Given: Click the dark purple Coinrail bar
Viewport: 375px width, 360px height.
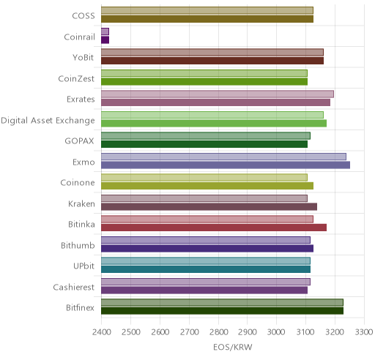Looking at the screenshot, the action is (x=105, y=40).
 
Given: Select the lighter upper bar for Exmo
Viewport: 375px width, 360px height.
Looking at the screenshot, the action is (x=223, y=157).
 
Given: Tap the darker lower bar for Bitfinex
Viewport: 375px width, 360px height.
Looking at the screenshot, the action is (x=222, y=311).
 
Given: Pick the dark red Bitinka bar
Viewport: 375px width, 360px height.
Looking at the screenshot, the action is (x=214, y=228).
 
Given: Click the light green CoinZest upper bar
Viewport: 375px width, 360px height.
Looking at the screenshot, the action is (x=204, y=73).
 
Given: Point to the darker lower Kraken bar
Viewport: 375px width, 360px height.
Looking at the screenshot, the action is (x=209, y=206).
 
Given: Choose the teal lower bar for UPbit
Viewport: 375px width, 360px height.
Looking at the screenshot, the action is (x=206, y=269).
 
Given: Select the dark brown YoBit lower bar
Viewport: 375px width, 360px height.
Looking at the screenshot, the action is (x=212, y=61).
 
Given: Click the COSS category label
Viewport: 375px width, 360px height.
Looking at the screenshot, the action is (x=83, y=15).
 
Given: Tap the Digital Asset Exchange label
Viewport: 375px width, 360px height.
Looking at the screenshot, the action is (x=48, y=121).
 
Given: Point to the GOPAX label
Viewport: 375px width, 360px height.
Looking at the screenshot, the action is (x=79, y=141).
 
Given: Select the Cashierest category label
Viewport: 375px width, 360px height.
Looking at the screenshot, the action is (x=74, y=287).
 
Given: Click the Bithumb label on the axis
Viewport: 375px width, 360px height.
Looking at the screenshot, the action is (x=78, y=245).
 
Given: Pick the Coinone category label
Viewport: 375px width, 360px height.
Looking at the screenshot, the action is (x=78, y=183).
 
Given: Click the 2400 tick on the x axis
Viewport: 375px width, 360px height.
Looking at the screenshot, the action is (x=101, y=332).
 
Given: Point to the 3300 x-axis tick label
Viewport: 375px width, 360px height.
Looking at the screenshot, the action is (x=364, y=332).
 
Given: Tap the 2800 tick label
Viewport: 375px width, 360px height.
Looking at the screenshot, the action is (x=218, y=332).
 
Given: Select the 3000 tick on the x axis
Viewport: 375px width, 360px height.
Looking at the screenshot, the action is (x=276, y=332).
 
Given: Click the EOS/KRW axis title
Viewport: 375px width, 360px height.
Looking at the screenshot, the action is (x=233, y=347).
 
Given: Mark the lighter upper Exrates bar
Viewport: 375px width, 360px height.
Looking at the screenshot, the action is (x=218, y=94).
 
